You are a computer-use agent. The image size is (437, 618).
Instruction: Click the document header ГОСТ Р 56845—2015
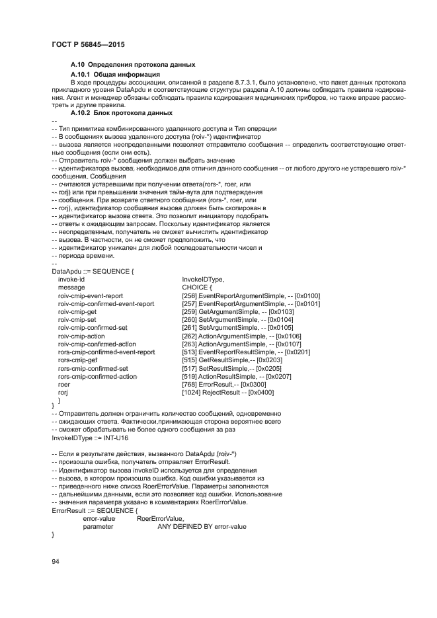coord(88,44)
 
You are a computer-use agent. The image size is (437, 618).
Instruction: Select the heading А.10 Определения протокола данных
coord(132,65)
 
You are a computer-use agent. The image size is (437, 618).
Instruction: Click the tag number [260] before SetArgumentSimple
coord(188,319)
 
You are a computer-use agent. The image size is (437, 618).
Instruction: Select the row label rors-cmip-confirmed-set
coord(93,368)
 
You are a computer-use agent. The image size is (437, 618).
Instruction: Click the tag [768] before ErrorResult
coord(188,384)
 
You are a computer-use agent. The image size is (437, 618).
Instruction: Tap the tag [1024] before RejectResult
coord(190,392)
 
